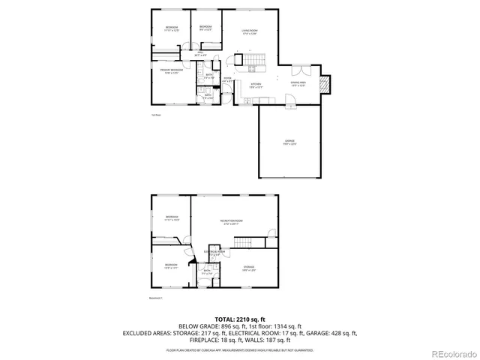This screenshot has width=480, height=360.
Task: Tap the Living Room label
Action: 249,32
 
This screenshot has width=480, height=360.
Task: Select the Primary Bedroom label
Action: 171,71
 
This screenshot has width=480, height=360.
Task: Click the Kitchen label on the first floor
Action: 256,85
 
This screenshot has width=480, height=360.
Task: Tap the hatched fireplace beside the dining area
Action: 325,83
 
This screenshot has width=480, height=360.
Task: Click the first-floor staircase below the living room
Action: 256,61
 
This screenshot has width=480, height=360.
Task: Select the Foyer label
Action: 227,79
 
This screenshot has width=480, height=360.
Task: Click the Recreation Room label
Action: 231,221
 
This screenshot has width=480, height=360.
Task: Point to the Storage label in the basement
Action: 247,268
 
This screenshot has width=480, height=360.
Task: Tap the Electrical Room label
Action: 215,253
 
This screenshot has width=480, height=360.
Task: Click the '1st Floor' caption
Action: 155,115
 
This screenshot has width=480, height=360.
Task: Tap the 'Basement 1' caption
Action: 156,298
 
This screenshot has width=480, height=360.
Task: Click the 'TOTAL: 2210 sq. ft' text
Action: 240,319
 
